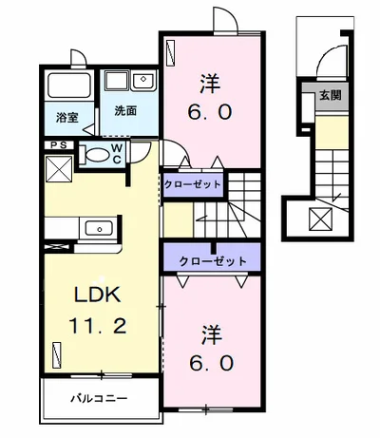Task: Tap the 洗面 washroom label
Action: pyautogui.click(x=125, y=110)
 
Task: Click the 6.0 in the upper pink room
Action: pyautogui.click(x=210, y=110)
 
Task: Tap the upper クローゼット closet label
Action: pyautogui.click(x=193, y=183)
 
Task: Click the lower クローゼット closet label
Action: pyautogui.click(x=212, y=260)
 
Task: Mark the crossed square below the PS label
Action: pyautogui.click(x=59, y=172)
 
